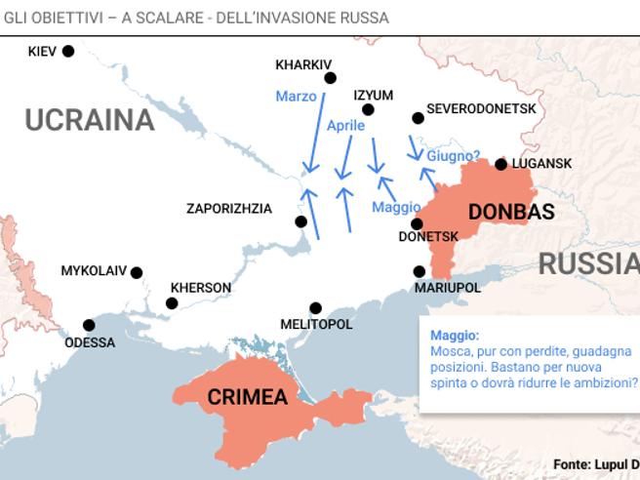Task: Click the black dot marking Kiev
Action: click(x=68, y=51)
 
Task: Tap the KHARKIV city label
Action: click(x=303, y=65)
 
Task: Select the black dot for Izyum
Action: click(x=368, y=109)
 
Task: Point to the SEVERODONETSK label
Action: click(x=481, y=108)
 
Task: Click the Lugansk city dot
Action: click(x=500, y=164)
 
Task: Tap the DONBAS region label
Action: click(x=511, y=212)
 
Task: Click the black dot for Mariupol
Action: click(x=420, y=271)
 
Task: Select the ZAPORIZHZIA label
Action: click(x=229, y=209)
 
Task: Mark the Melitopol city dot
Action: click(x=315, y=308)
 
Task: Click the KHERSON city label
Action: click(x=201, y=288)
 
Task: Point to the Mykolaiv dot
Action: click(x=137, y=273)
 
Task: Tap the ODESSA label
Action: click(x=90, y=342)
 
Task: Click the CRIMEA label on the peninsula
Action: click(x=247, y=397)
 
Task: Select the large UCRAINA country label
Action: click(x=90, y=120)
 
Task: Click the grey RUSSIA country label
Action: click(x=588, y=264)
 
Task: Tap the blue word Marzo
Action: click(x=296, y=97)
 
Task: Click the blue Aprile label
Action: click(x=345, y=126)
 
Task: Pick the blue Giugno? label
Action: click(x=454, y=155)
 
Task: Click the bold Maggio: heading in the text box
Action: click(x=455, y=335)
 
